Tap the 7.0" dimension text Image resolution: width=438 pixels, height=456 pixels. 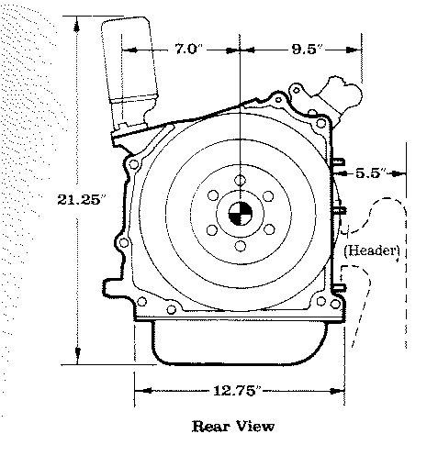coord(188,49)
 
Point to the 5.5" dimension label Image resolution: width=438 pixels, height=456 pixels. coord(371,173)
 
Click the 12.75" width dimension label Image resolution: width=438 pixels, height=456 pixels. coord(238,391)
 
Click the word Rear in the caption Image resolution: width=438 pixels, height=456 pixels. coord(210,427)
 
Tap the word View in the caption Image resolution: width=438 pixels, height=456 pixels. coord(256,427)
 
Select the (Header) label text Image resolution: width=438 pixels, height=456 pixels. coord(372,250)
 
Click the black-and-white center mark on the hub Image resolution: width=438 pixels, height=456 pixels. coord(241,214)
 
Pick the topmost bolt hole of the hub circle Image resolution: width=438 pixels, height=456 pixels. coord(241,180)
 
